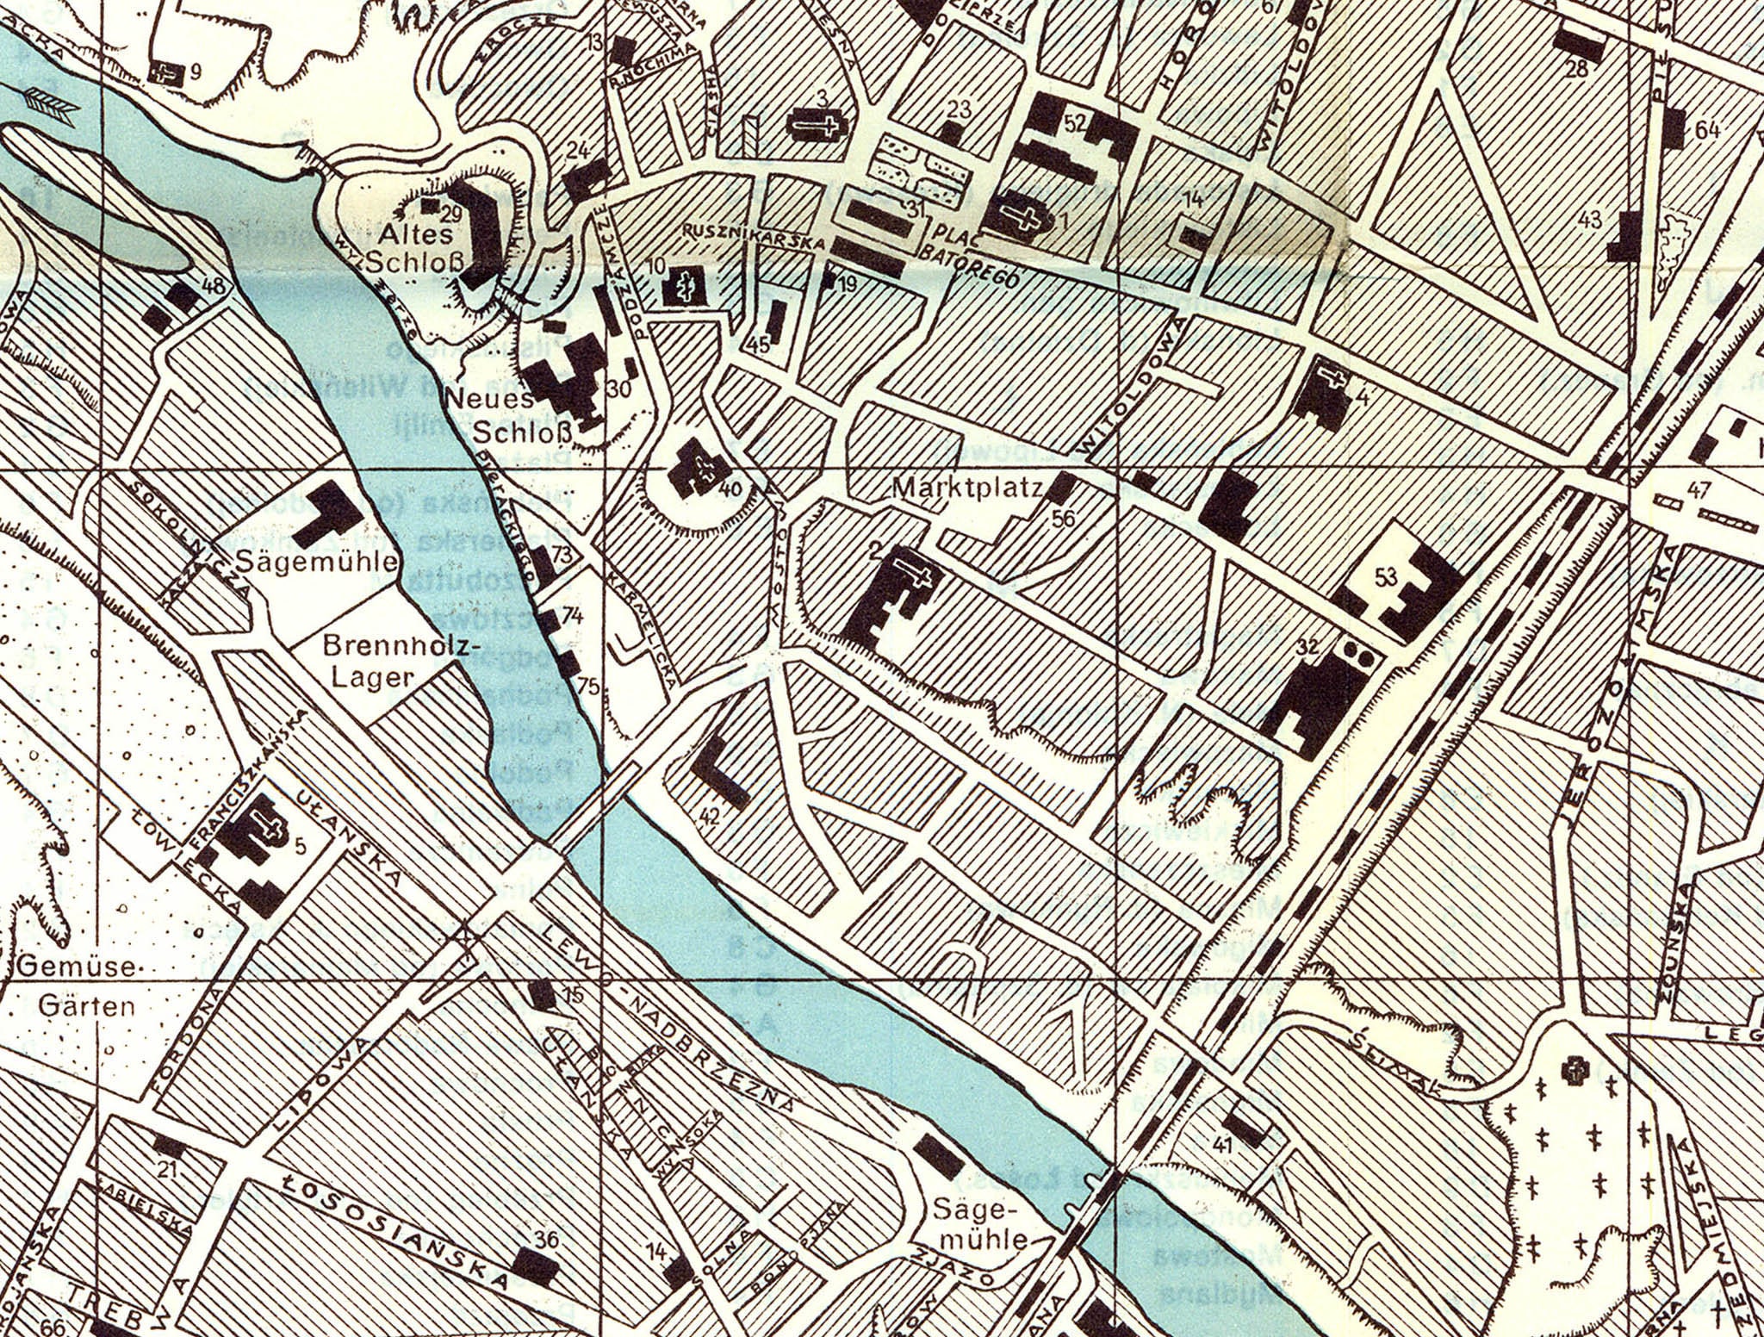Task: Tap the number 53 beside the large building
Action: (1385, 578)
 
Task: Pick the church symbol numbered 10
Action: (686, 286)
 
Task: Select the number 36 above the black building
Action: (546, 1241)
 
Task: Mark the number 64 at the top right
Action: (1706, 131)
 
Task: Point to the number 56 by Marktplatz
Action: (1064, 518)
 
